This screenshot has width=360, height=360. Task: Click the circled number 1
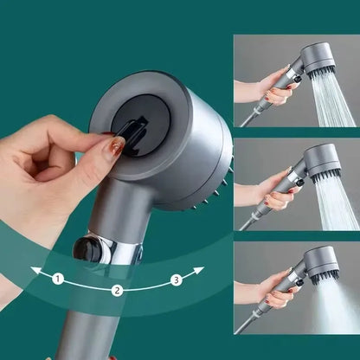coord(58,279)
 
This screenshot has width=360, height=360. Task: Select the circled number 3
coord(176,279)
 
